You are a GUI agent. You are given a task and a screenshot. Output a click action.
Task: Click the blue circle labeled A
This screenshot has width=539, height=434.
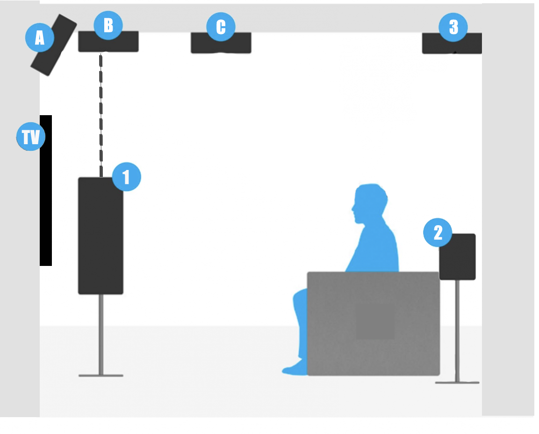tap(40, 37)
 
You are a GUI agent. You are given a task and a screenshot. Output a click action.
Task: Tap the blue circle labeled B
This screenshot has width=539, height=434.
tap(108, 25)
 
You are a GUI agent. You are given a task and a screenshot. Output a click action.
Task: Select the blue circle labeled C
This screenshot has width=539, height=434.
tap(221, 27)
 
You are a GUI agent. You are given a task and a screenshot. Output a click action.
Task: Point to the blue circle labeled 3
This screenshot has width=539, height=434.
tap(453, 27)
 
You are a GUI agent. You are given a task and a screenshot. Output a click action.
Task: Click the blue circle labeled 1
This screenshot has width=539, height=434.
tap(127, 177)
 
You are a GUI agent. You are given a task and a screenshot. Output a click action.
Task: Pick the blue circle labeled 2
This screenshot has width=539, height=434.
tap(438, 233)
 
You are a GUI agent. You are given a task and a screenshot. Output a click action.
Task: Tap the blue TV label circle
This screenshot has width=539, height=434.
tap(31, 137)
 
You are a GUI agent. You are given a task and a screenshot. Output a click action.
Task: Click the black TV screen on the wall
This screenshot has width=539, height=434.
tap(46, 191)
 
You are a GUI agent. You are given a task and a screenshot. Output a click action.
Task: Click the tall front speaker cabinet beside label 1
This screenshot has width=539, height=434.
tap(101, 236)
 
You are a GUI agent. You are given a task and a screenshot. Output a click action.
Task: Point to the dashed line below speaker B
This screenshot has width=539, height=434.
tap(101, 115)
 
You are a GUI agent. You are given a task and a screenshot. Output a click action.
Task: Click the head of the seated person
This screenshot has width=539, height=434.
tap(369, 203)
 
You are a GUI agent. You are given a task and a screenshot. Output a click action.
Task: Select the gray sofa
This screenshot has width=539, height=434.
tap(374, 324)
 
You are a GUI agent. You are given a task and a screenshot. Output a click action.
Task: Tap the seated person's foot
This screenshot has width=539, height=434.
tap(295, 369)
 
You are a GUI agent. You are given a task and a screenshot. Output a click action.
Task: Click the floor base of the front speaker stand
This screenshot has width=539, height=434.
tap(101, 375)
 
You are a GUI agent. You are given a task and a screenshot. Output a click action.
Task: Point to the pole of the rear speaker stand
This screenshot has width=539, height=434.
tap(458, 331)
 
